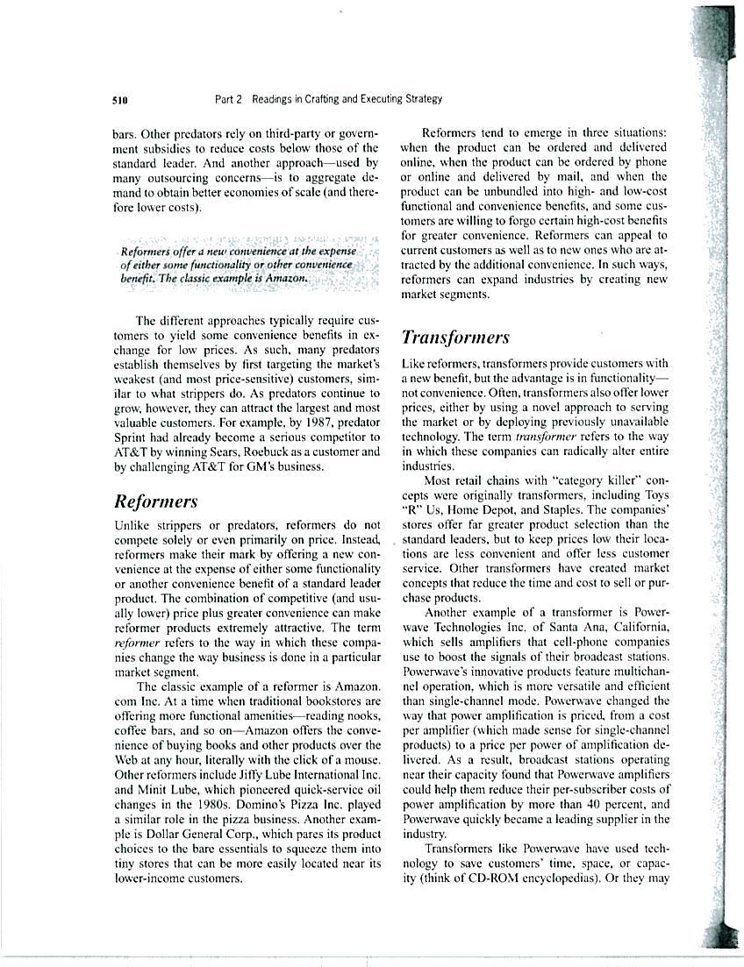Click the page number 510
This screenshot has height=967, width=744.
pyautogui.click(x=122, y=100)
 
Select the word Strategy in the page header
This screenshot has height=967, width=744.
pyautogui.click(x=420, y=99)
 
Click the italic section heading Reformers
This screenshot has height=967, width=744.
pyautogui.click(x=156, y=501)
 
